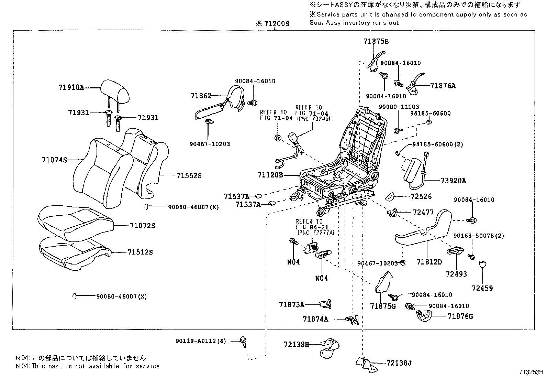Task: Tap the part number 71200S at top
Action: click(x=276, y=24)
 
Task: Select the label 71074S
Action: click(x=54, y=160)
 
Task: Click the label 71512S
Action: click(x=140, y=252)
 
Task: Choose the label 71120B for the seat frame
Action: click(x=270, y=175)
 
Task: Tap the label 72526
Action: click(x=421, y=196)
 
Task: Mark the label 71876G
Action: click(x=460, y=316)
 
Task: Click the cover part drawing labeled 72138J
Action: click(x=366, y=364)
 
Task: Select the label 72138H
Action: click(x=297, y=344)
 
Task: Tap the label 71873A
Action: click(x=291, y=305)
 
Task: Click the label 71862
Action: click(x=201, y=96)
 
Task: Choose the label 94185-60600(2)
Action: click(x=436, y=144)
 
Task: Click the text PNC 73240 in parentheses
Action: click(x=313, y=119)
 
